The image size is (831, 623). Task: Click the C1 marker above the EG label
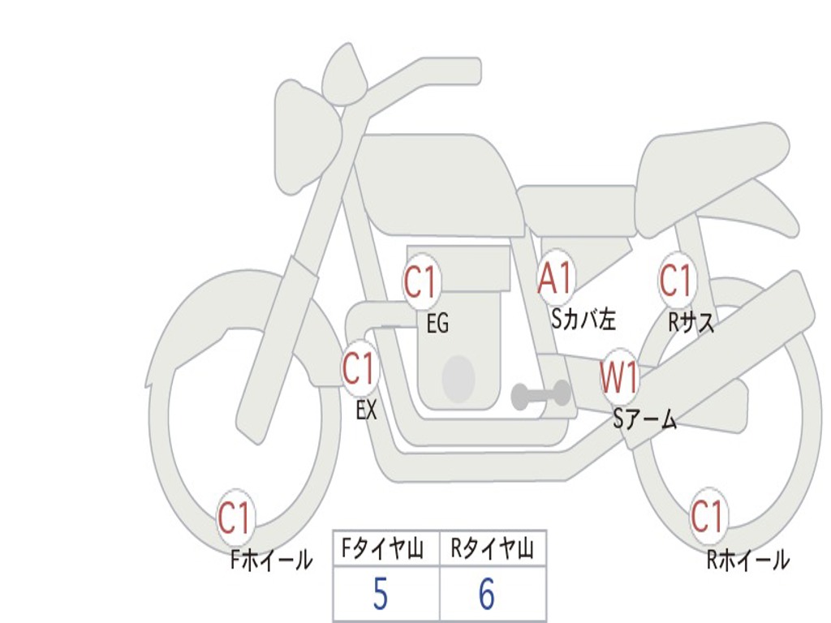[x=421, y=281]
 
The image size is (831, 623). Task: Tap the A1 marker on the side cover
[x=556, y=277]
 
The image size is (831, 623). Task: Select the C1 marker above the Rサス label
[x=677, y=279]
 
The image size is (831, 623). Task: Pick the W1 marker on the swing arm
[x=618, y=377]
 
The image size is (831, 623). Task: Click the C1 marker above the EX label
[x=360, y=368]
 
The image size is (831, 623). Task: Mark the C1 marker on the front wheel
[x=235, y=518]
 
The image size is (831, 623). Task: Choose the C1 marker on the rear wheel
[x=708, y=516]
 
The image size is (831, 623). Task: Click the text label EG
[x=438, y=323]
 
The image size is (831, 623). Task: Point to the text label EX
[x=367, y=410]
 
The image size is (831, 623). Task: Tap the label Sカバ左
[x=583, y=319]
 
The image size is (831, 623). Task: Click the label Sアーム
[x=645, y=419]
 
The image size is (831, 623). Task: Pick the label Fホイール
[x=272, y=560]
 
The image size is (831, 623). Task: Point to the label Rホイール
[x=748, y=560]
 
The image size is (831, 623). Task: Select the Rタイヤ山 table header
[x=492, y=548]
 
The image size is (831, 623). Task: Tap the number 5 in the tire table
[x=381, y=594]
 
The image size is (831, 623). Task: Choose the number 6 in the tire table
[x=487, y=594]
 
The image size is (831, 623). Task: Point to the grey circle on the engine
[x=459, y=378]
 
